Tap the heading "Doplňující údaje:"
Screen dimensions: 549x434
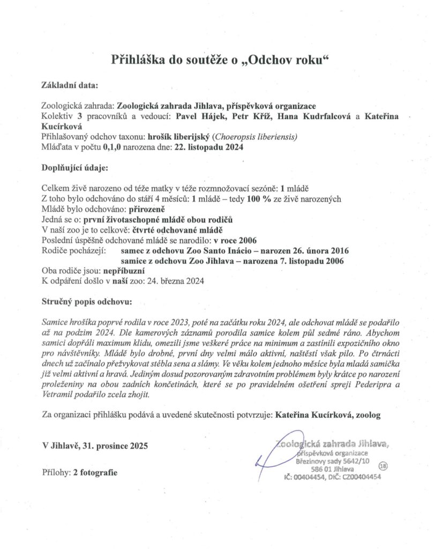74,167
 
